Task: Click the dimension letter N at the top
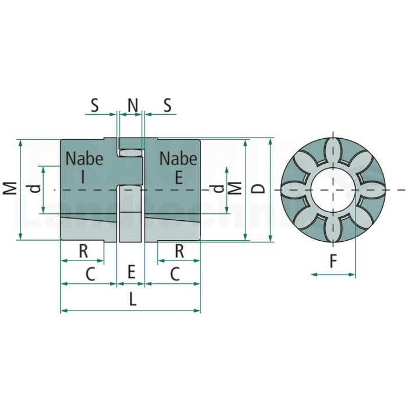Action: point(133,105)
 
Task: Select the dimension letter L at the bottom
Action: point(133,299)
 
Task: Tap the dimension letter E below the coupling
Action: point(132,272)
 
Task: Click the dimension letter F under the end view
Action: point(333,261)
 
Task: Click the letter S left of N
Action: point(94,105)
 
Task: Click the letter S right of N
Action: point(168,105)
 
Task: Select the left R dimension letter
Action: point(83,251)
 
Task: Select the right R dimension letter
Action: point(180,251)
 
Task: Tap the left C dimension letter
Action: point(90,275)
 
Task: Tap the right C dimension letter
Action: point(175,275)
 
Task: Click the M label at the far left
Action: point(10,188)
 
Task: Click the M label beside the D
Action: point(236,188)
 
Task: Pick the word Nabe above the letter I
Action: point(85,159)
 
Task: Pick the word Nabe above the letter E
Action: point(178,159)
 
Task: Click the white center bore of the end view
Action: point(333,189)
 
